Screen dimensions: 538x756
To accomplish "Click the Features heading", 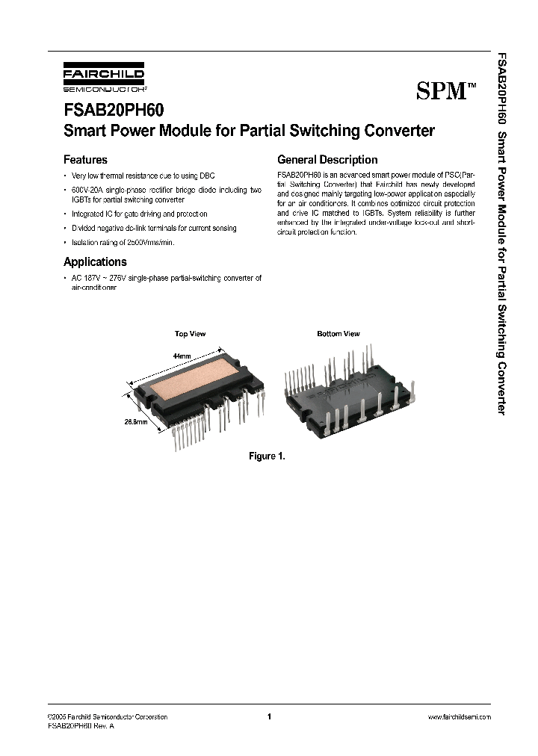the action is click(85, 160).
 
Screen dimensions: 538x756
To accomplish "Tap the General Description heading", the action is click(327, 160).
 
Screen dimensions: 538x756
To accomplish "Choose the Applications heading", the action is click(95, 262).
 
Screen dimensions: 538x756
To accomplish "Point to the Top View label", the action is click(190, 334).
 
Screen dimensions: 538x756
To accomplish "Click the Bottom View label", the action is click(338, 334).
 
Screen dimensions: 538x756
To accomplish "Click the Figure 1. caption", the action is click(267, 456).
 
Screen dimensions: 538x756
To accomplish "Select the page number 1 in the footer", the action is click(268, 717).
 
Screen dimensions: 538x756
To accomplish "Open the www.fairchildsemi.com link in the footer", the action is click(459, 717).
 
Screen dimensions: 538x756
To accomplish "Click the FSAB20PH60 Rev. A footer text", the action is click(80, 725).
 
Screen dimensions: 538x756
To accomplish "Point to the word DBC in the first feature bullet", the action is click(206, 176).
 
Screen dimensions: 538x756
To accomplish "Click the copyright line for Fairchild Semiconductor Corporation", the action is click(107, 717).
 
